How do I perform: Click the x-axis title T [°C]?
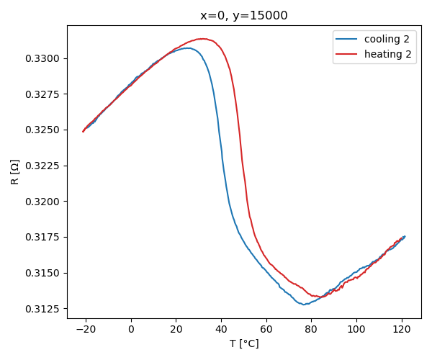(244, 343)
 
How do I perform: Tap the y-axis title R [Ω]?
(15, 172)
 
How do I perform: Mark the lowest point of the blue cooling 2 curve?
(305, 305)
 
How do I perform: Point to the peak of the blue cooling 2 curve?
(188, 48)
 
